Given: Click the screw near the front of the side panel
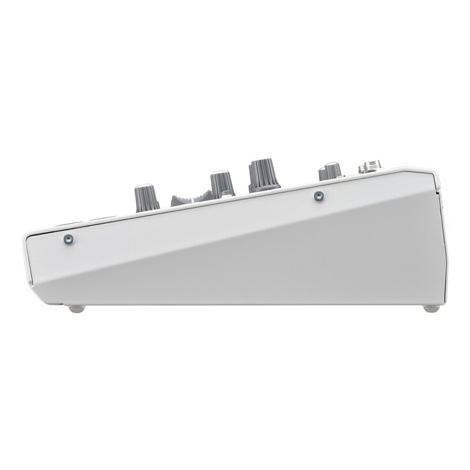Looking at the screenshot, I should (68, 239).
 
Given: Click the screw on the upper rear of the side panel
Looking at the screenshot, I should (317, 196).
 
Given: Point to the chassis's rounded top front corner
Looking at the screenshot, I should (28, 228).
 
